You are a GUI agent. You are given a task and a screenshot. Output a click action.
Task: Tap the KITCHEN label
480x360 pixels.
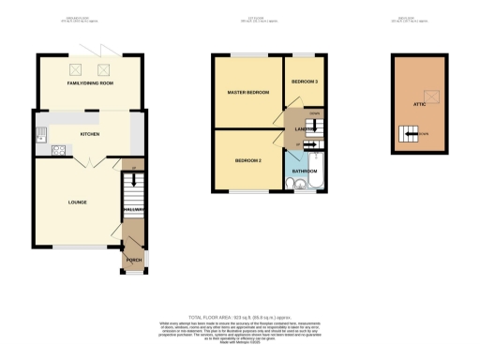click(x=90, y=134)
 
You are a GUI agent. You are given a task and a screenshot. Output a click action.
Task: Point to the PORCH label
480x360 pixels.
click(x=134, y=259)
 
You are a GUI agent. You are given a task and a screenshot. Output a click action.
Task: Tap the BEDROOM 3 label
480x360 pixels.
click(x=305, y=82)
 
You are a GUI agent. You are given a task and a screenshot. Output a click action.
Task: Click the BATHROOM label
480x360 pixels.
click(x=305, y=172)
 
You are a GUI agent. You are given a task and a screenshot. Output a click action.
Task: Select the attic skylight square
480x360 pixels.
click(x=432, y=94)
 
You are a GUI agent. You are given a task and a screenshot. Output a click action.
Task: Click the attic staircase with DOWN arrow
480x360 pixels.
click(x=410, y=138)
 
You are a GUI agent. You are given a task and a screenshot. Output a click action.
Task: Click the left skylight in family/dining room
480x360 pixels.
click(x=74, y=67)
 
